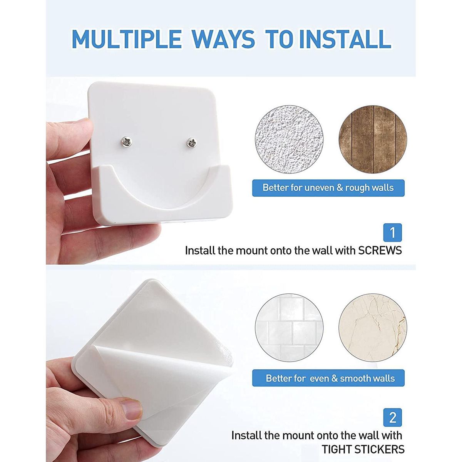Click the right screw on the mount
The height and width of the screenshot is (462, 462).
(x=192, y=143)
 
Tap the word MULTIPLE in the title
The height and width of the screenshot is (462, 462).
(x=127, y=39)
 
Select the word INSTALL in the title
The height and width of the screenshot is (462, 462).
(x=345, y=39)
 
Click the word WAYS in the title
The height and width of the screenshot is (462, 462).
(x=223, y=39)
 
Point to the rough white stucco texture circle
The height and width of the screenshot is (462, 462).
(x=289, y=139)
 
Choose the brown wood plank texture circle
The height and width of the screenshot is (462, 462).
(x=373, y=139)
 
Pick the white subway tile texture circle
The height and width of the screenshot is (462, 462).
(x=289, y=328)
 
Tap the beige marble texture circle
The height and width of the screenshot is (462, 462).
(x=373, y=328)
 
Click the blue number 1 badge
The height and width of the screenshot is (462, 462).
(x=392, y=233)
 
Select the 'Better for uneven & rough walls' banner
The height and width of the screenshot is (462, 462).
(x=328, y=188)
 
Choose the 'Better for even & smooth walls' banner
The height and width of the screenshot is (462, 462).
(x=328, y=378)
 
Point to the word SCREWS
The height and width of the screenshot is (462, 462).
(x=380, y=251)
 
